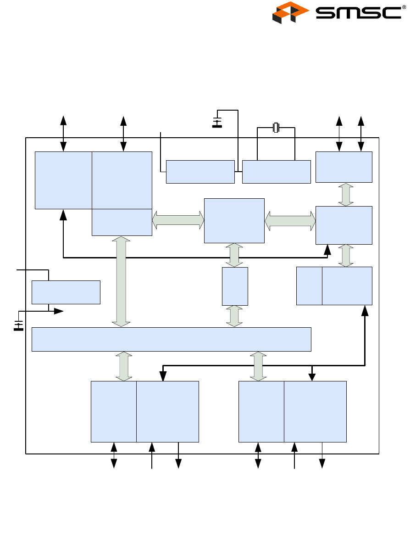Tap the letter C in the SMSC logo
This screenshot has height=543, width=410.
coord(391,12)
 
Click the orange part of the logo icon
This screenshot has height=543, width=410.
coord(290,8)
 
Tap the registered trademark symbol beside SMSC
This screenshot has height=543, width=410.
coord(404,7)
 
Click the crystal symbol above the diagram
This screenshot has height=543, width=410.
coord(276,128)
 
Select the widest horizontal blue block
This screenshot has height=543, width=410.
coord(171,339)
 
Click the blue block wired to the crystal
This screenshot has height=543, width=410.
coord(276,172)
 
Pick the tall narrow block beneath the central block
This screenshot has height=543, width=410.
coord(235,286)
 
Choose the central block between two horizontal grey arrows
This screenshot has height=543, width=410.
coord(234,220)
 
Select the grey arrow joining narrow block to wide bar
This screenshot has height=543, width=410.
coord(235,316)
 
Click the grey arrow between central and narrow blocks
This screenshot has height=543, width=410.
coord(235,255)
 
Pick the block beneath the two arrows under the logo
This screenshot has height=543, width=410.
coord(344,167)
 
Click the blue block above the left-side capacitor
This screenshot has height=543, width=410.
coord(66,292)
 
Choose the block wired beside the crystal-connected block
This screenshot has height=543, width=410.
coord(200,172)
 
